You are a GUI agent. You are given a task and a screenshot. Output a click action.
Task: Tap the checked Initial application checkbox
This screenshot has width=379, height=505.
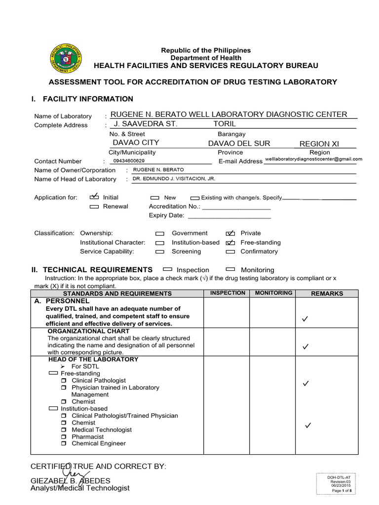tap(94, 197)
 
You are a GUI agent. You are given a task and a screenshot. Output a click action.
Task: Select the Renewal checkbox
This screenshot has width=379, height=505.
tap(94, 207)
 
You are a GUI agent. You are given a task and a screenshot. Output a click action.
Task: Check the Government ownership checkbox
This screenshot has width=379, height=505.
tap(160, 233)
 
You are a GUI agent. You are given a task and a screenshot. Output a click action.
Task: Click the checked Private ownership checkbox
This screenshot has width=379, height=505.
tap(230, 233)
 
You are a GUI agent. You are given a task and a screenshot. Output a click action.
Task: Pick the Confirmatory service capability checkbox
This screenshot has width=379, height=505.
tap(230, 252)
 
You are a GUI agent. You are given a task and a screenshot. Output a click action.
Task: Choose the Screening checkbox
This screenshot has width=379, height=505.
tap(160, 252)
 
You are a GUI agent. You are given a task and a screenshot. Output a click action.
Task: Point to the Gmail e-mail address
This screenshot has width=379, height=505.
tap(314, 159)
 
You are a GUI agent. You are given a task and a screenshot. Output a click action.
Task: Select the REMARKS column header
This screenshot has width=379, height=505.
tap(327, 293)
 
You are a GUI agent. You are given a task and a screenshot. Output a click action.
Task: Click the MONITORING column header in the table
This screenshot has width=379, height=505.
tap(273, 293)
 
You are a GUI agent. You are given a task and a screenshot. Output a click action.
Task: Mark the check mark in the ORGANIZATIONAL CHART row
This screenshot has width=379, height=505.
tap(306, 347)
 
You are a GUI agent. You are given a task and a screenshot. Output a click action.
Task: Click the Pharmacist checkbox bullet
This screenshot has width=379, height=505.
tap(64, 437)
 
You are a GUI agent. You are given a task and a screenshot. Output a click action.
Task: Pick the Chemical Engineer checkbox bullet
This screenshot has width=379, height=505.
tap(64, 444)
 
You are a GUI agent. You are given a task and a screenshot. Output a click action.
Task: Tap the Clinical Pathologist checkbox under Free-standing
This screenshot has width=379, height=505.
tap(64, 381)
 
